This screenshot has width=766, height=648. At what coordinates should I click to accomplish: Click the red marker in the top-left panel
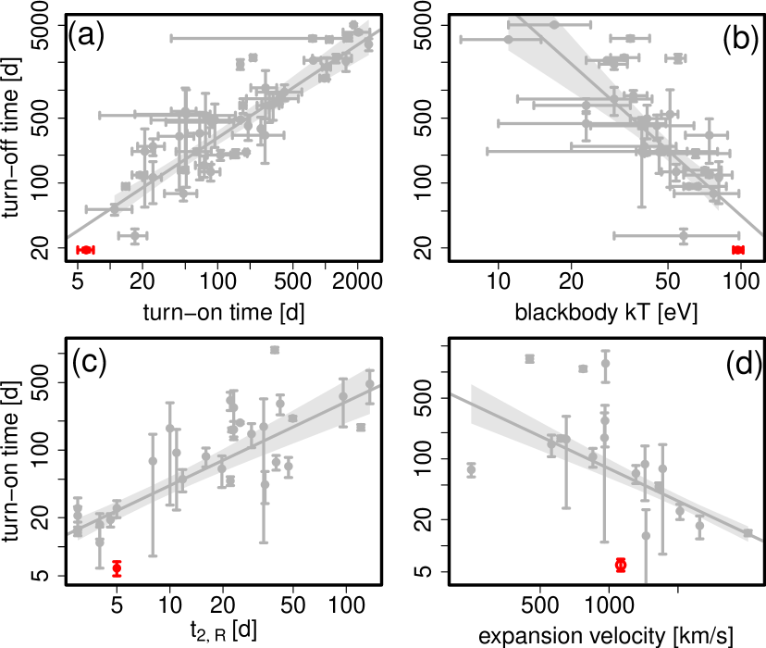85,250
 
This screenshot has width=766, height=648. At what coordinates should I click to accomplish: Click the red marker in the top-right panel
738,250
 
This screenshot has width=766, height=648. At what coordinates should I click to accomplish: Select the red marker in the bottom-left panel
117,568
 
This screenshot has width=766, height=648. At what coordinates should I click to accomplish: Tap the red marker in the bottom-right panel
621,565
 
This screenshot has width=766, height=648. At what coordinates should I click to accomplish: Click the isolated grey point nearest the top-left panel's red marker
133,236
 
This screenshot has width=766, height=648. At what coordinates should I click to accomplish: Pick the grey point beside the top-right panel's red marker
684,236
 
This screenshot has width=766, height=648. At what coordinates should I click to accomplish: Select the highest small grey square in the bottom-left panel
275,350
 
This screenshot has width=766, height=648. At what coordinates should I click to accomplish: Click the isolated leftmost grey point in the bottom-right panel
471,469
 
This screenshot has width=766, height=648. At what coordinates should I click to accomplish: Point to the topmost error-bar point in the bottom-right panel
605,363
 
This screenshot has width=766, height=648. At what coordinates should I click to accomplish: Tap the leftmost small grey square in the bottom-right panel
529,358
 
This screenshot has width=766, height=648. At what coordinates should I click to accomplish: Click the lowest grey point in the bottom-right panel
646,535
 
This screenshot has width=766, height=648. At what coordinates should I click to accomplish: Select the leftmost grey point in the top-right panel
507,40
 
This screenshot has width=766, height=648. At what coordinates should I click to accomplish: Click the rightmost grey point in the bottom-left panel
370,384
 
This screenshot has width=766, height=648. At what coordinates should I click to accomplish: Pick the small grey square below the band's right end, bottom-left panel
361,428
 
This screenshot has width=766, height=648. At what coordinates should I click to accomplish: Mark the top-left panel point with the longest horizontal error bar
313,39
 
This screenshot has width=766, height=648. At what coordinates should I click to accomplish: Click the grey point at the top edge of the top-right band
553,24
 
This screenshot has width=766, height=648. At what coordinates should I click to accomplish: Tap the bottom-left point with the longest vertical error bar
153,461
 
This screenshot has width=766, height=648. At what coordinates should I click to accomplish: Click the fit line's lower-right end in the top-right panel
760,234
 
